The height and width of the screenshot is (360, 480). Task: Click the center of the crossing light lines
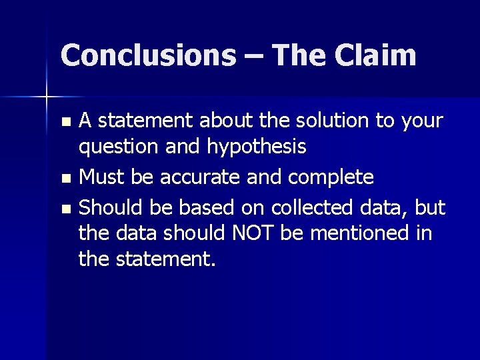tap(47, 97)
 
